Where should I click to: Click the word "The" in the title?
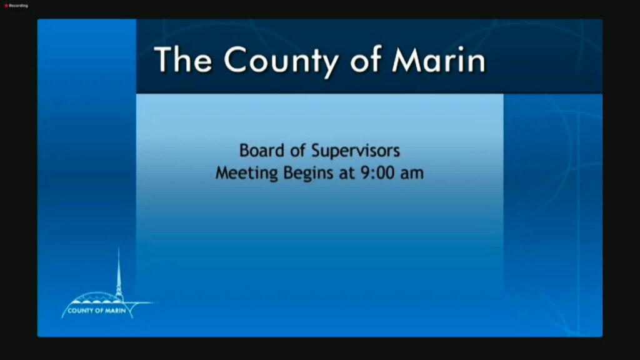[x=183, y=59]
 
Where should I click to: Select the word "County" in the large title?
[x=281, y=62]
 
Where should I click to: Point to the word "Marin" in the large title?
[x=439, y=59]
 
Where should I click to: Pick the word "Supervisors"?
[x=356, y=151]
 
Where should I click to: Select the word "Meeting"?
[x=246, y=173]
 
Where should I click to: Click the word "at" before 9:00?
[x=347, y=174]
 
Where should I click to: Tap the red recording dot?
[x=6, y=6]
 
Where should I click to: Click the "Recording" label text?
[x=18, y=6]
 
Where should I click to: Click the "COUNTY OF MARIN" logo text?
[x=97, y=311]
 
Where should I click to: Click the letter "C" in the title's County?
[x=236, y=60]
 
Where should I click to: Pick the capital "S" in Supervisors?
[x=316, y=151]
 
